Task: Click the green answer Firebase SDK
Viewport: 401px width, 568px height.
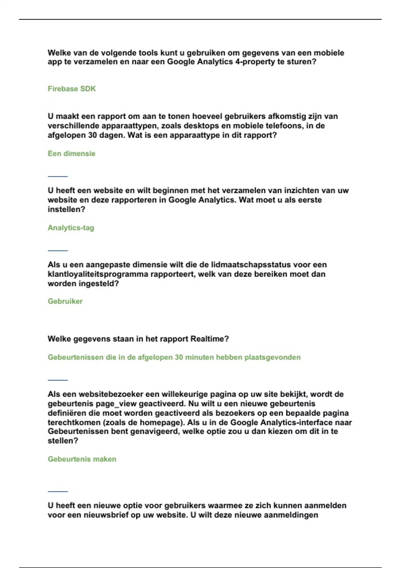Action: (x=72, y=89)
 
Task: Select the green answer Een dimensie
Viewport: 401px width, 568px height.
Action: (x=72, y=154)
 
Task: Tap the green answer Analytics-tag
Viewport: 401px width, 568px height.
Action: (x=71, y=228)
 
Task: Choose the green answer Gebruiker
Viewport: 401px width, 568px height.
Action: (x=65, y=301)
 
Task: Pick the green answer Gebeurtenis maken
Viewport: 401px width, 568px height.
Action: (x=82, y=459)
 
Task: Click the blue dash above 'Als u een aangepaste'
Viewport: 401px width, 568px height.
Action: (x=58, y=250)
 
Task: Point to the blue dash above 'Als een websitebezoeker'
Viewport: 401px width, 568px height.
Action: (x=58, y=380)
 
